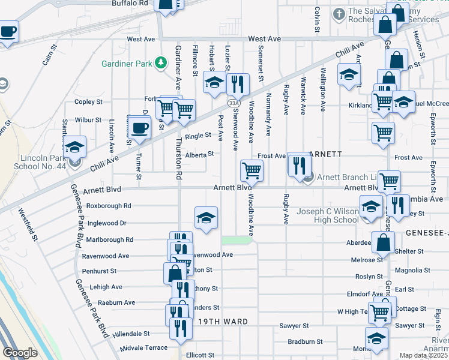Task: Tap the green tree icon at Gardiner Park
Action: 161,62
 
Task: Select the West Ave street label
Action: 141,39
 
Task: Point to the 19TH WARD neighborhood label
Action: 223,322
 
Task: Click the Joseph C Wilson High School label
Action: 329,215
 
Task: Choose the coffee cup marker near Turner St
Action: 140,128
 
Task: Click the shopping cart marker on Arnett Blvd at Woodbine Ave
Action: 252,170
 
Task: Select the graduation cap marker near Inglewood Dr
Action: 206,218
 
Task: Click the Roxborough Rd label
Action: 109,205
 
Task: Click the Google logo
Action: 20,353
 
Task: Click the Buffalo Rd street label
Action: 130,3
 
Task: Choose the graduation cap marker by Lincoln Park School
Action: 74,147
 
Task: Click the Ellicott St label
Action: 200,355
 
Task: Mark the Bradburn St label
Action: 305,341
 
